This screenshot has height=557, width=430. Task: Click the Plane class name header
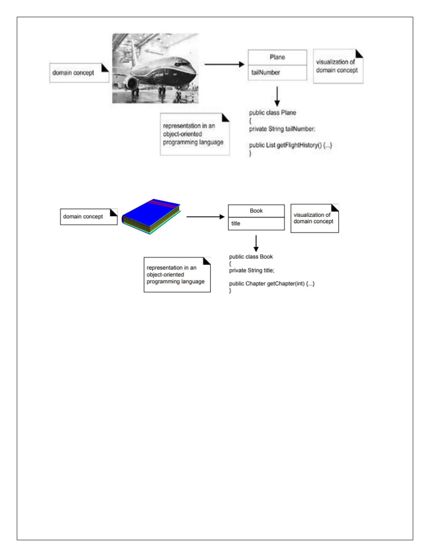[x=277, y=57]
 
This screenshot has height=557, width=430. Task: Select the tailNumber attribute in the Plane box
[x=266, y=73]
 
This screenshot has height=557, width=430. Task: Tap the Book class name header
[x=256, y=211]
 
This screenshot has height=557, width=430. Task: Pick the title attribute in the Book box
[x=236, y=223]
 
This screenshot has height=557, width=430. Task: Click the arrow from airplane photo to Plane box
[x=224, y=64]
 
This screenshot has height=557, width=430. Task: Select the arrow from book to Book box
[x=205, y=217]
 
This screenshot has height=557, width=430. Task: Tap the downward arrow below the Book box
[x=256, y=243]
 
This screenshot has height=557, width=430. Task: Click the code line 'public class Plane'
[x=273, y=113]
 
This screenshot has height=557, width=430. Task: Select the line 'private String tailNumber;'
[x=282, y=129]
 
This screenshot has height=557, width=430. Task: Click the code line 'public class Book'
[x=251, y=257]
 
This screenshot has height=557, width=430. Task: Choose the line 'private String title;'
[x=252, y=270]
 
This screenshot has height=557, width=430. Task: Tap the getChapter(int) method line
[x=272, y=284]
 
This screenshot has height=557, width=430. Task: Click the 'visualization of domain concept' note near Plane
[x=338, y=66]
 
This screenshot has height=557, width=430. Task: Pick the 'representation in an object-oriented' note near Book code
[x=177, y=275]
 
